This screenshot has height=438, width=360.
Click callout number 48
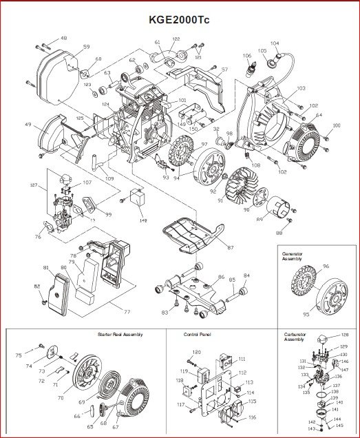(x=64, y=39)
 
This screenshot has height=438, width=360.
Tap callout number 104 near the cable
(x=275, y=43)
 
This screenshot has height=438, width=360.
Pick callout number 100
(x=336, y=125)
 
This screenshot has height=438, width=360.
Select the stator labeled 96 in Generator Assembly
(x=300, y=286)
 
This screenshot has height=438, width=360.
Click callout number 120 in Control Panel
(x=197, y=353)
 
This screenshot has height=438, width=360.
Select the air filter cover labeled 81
(x=63, y=289)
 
